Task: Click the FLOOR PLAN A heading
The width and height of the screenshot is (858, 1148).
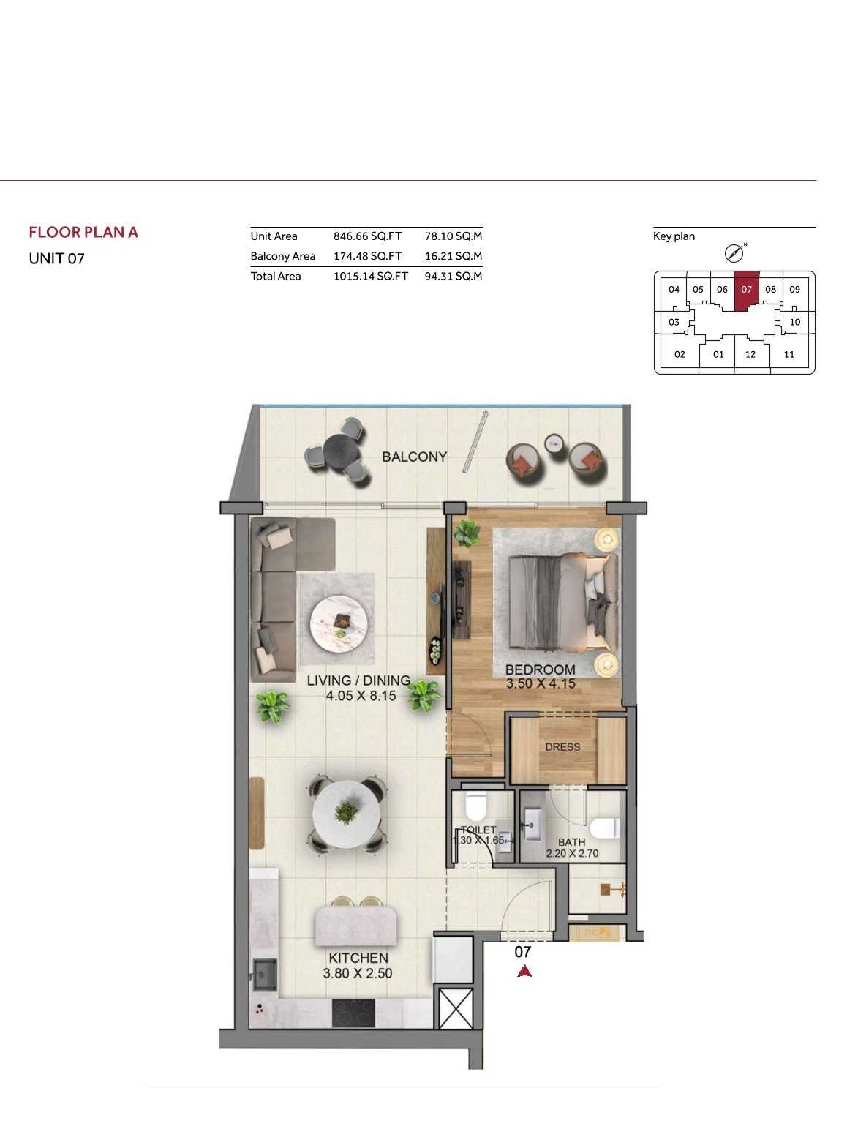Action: tap(83, 232)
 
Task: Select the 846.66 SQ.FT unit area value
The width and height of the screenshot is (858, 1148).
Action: tap(368, 236)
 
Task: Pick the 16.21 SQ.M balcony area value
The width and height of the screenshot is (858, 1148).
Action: tap(454, 256)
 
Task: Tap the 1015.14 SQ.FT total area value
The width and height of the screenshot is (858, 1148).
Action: tap(371, 276)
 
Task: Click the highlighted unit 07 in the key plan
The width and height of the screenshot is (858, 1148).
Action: tap(747, 290)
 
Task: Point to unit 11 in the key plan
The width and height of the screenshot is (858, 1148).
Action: tap(789, 354)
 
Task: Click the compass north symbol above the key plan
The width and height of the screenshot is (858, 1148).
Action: tap(734, 254)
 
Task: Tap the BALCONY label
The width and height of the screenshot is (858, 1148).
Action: tap(414, 457)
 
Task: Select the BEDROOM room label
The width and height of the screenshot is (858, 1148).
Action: tap(540, 669)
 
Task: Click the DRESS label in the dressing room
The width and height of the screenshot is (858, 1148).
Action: tap(562, 747)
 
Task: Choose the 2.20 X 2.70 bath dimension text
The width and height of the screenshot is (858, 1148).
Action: tap(572, 854)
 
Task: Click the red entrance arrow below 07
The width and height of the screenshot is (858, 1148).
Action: tap(524, 971)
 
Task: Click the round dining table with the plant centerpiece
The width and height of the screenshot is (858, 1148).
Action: tap(346, 814)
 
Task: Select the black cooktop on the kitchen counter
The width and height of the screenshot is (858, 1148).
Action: tap(353, 1013)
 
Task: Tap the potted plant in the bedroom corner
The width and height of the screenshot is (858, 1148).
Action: tap(467, 533)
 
